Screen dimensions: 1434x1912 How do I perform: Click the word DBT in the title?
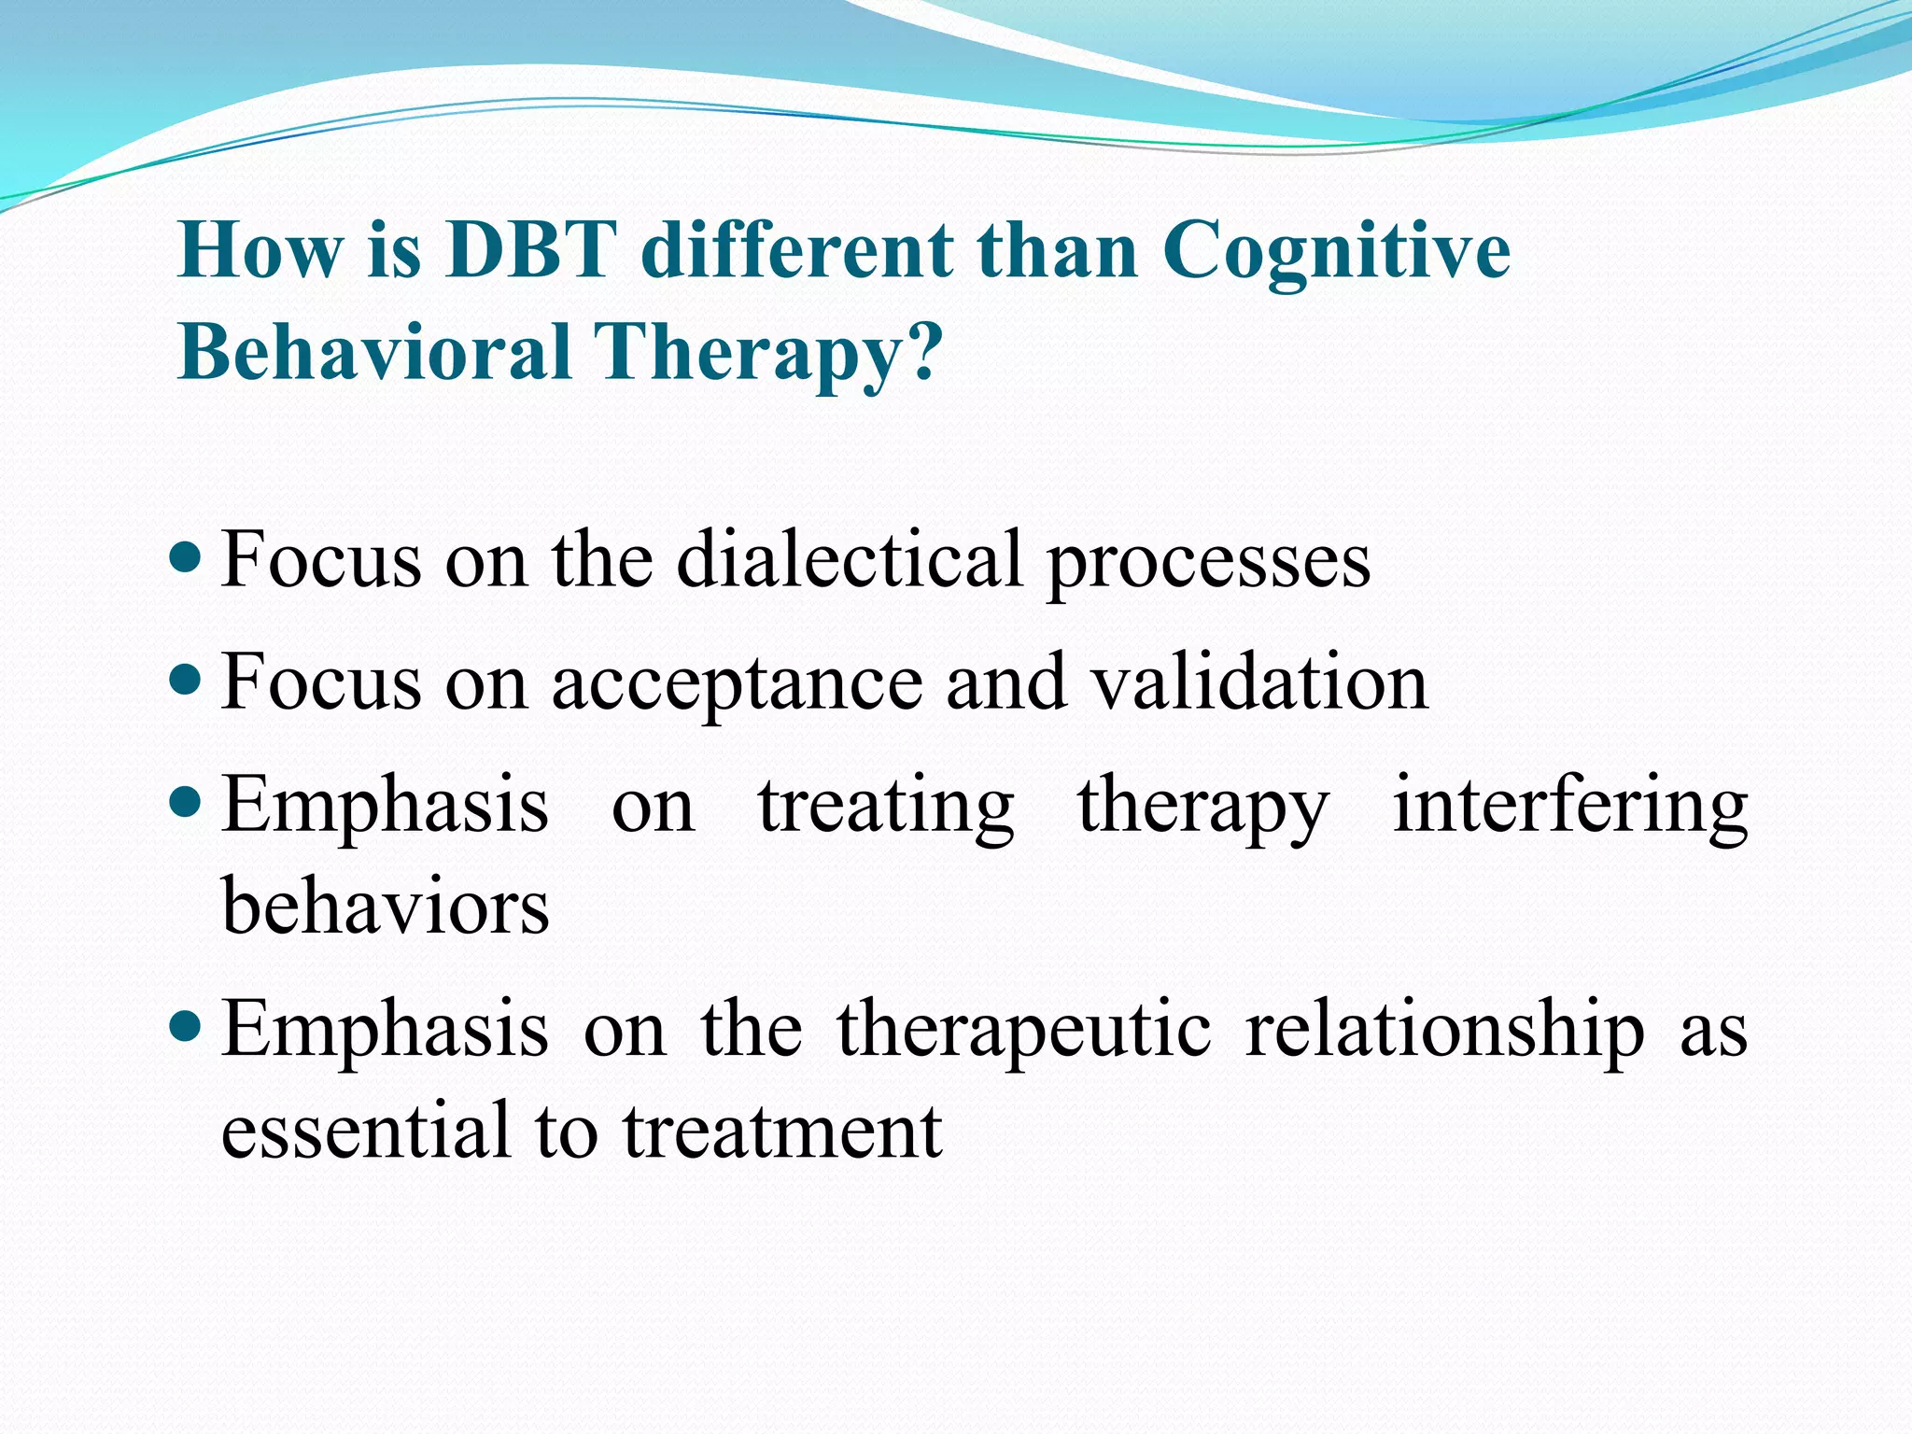pyautogui.click(x=530, y=250)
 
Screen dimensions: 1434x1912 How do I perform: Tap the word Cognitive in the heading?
pyautogui.click(x=1336, y=252)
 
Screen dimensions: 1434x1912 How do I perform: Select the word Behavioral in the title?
pyautogui.click(x=374, y=353)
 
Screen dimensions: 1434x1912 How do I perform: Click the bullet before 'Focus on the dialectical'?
pyautogui.click(x=188, y=559)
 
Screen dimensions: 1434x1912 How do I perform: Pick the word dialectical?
pyautogui.click(x=849, y=559)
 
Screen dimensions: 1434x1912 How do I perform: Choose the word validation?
pyautogui.click(x=1259, y=682)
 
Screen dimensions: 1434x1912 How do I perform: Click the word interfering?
pyautogui.click(x=1570, y=807)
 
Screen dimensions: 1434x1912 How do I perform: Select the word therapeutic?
pyautogui.click(x=1024, y=1031)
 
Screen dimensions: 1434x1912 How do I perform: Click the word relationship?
pyautogui.click(x=1444, y=1031)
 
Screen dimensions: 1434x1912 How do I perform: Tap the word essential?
pyautogui.click(x=367, y=1131)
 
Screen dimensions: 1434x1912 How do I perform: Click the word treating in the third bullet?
pyautogui.click(x=886, y=807)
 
